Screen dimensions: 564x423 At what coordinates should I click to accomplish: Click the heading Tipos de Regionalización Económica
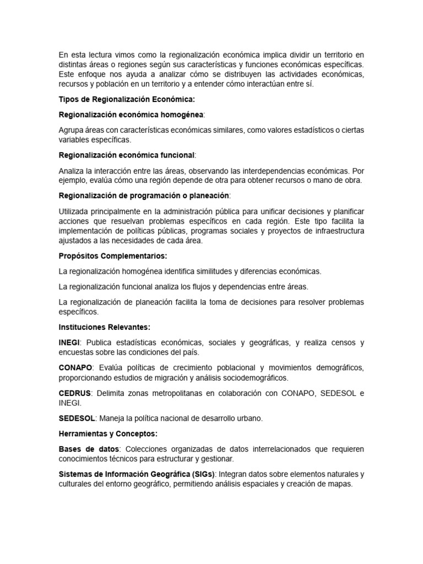(127, 100)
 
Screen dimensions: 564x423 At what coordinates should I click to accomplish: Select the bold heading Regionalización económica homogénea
(131, 115)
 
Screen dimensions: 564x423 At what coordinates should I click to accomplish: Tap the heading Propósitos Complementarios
(112, 256)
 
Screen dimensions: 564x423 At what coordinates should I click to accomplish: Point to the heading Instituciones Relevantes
(104, 327)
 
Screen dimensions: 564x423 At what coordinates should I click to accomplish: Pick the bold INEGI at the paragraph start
(69, 343)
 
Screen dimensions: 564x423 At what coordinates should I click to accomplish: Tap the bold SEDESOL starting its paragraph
(77, 419)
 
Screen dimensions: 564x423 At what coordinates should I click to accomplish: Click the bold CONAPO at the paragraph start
(75, 368)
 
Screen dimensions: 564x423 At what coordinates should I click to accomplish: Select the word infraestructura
(337, 231)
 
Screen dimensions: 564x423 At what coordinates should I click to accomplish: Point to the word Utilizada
(75, 211)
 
